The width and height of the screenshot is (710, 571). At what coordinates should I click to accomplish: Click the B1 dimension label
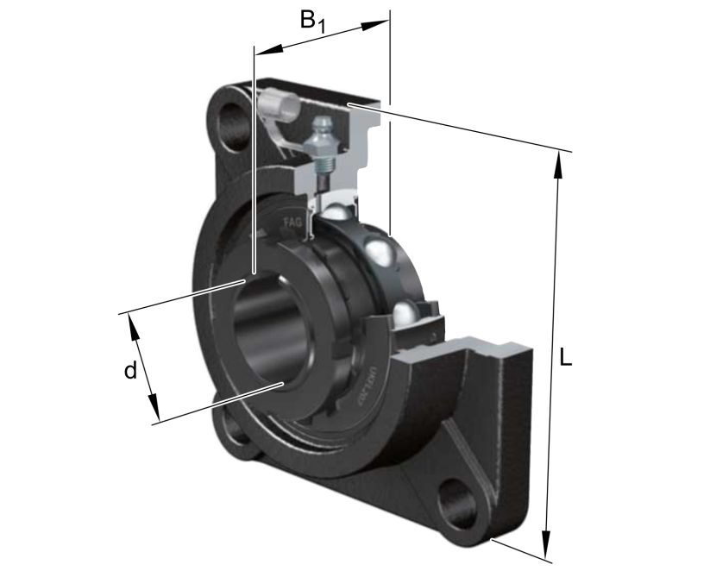pos(313,22)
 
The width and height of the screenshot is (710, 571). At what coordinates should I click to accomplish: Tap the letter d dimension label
pos(129,371)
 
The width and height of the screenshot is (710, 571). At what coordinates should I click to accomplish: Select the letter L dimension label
pos(565,357)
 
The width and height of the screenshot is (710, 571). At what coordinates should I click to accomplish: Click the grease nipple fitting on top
pos(323,138)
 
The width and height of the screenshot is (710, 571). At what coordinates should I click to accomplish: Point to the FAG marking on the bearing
pos(292,224)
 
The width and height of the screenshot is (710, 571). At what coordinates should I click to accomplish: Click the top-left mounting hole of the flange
pos(233,125)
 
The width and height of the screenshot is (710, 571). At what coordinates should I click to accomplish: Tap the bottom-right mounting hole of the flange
pos(458,504)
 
